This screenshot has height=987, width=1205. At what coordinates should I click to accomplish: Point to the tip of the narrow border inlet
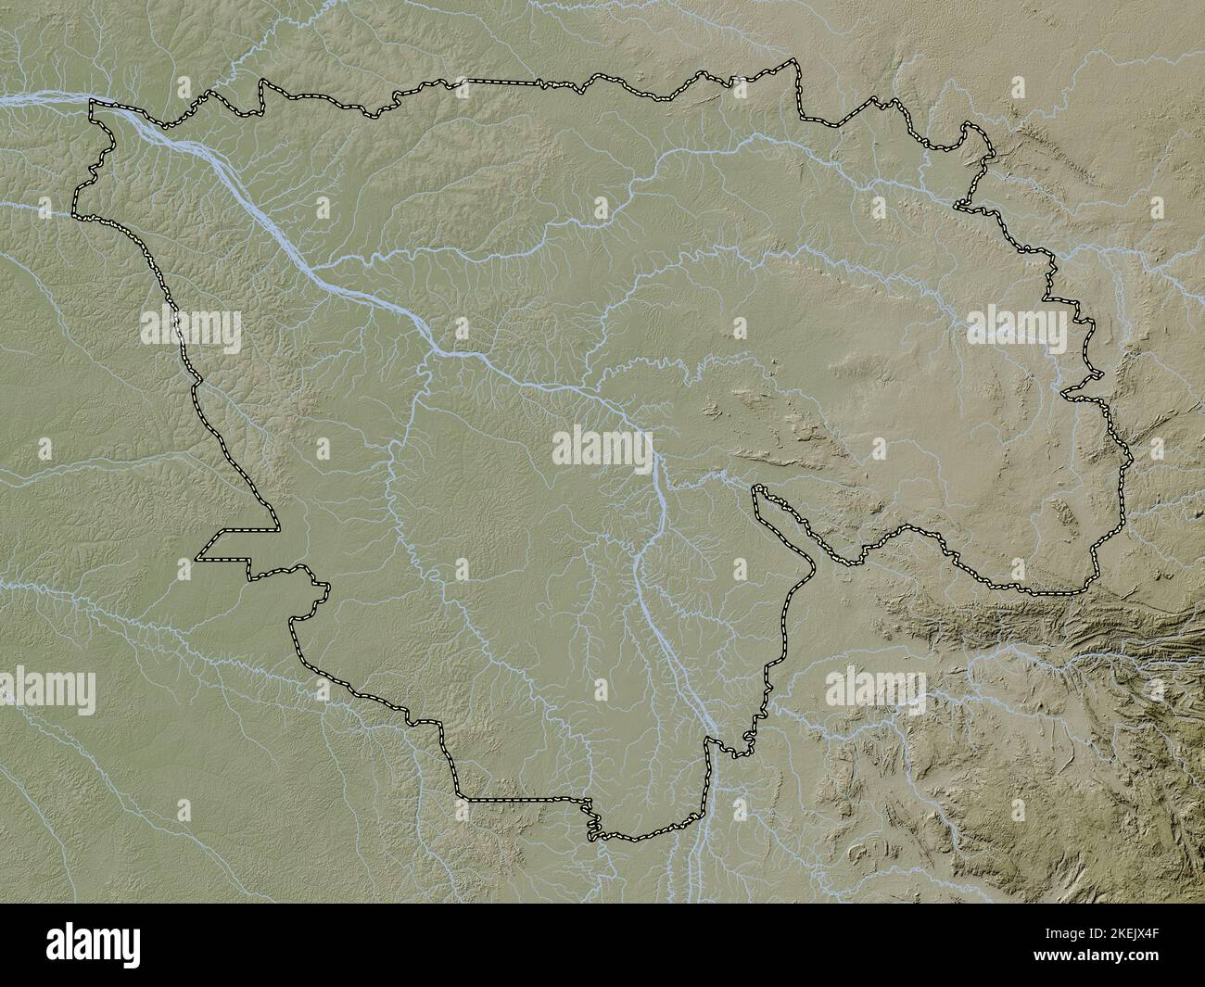757,487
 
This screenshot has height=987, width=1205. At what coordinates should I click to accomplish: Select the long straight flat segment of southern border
524,798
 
